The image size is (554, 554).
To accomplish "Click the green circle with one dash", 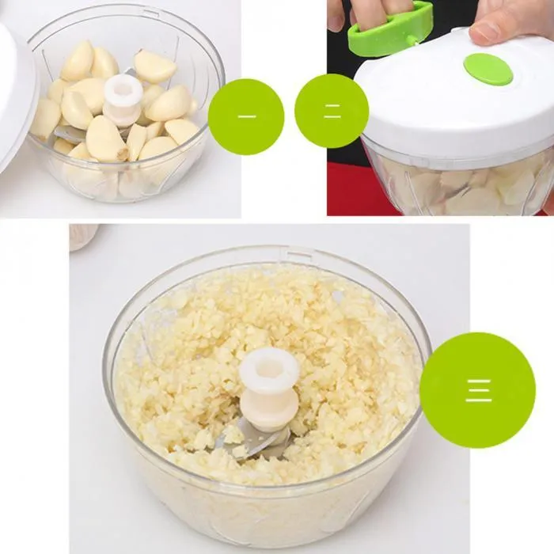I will [x=246, y=116].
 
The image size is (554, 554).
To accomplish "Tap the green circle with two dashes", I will [x=332, y=111].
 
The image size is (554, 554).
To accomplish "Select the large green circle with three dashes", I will [x=477, y=390].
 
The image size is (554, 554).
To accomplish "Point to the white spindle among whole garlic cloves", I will [x=123, y=100].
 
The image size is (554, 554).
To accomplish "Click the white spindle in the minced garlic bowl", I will [x=269, y=388].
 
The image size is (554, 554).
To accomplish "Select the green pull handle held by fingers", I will [x=391, y=30].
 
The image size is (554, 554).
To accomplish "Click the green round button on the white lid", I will [x=488, y=69].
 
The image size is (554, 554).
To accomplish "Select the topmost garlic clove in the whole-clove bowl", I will [x=154, y=66].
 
